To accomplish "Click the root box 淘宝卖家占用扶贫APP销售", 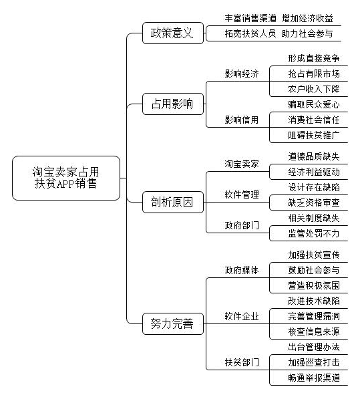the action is point(65,178).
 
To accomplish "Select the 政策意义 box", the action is point(173,33).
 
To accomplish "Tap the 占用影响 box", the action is point(173,104).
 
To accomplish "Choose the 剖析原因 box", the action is point(173,202).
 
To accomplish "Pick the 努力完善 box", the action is point(173,323).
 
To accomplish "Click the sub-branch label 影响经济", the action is point(242,74).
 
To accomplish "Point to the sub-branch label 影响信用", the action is point(242,120).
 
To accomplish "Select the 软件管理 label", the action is point(242,194).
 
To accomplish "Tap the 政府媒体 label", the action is point(242,270).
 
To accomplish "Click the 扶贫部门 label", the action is point(242,362).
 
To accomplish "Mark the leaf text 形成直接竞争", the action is point(314,59).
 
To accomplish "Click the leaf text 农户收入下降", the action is point(314,89).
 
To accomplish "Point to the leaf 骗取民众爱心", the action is point(314,104).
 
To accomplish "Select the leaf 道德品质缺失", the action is point(314,156).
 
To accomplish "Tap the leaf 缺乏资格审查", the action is point(314,203).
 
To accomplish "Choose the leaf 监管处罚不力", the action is point(314,233).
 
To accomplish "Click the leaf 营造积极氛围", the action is point(314,285).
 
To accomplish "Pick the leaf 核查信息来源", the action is point(314,332).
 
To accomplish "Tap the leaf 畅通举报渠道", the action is point(314,378).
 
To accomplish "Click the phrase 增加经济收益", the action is point(307,18).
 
